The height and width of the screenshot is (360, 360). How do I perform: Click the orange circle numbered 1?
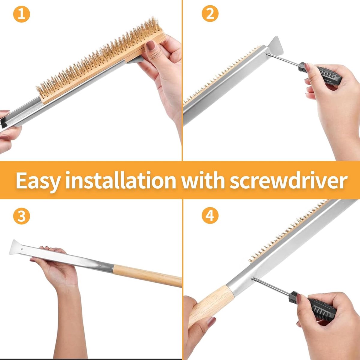(22, 14)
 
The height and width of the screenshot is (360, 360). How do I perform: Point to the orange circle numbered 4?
(210, 216)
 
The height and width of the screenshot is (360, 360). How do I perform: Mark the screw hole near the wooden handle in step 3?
(100, 265)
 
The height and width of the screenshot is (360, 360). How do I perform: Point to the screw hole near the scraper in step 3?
(22, 249)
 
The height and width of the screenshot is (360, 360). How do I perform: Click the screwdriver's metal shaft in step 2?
(283, 59)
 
